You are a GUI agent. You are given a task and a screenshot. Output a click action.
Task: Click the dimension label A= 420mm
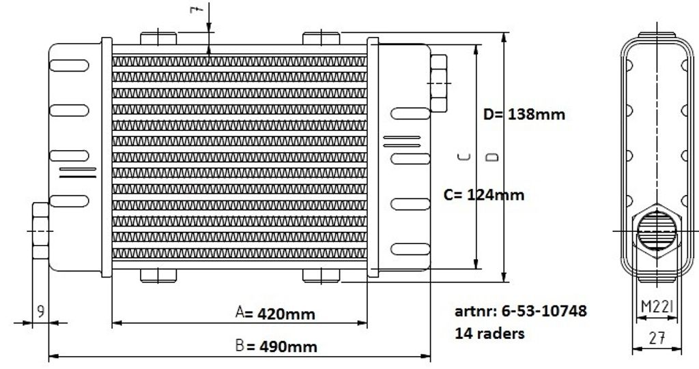(275, 313)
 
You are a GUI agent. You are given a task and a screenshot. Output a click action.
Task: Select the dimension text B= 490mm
(276, 346)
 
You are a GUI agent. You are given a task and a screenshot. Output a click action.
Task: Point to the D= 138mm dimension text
(524, 115)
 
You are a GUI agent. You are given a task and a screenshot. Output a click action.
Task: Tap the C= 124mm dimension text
(484, 195)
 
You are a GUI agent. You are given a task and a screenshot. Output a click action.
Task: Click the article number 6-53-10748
(544, 310)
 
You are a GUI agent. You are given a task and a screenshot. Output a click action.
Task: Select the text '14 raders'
(489, 334)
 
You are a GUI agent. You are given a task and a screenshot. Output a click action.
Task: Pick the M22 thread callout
(657, 306)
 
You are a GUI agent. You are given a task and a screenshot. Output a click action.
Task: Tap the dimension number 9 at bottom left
(40, 311)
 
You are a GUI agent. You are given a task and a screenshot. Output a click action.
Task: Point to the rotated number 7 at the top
(197, 9)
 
